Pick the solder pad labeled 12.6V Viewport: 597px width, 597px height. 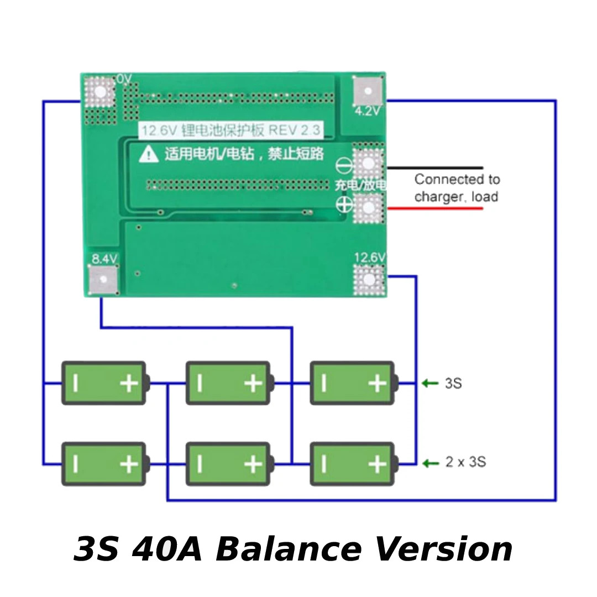369,280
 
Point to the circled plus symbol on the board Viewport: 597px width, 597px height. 343,204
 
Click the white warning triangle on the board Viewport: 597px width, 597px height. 149,154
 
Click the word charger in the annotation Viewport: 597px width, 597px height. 439,197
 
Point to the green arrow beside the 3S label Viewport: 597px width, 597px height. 430,383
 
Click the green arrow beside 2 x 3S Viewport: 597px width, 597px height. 430,463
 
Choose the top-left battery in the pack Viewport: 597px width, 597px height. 103,383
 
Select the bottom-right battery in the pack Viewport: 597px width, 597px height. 352,463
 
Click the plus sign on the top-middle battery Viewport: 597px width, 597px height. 253,383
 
